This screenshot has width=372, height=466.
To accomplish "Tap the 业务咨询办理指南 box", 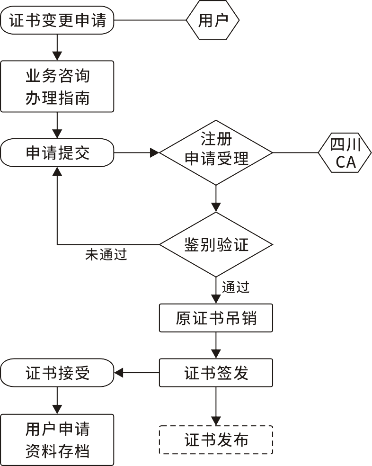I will [x=57, y=86].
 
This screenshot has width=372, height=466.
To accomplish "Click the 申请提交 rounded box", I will [x=57, y=153].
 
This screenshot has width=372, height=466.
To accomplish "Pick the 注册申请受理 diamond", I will [x=216, y=152].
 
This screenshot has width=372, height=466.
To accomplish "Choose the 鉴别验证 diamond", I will [x=216, y=245].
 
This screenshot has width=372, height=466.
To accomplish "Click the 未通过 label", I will [x=106, y=255].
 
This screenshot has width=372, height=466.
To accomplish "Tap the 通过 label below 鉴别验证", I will [x=235, y=287].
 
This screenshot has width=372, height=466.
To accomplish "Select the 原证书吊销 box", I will [x=216, y=318].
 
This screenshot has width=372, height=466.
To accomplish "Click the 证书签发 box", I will [x=216, y=373].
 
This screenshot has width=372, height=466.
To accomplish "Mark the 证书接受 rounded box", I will [x=57, y=373].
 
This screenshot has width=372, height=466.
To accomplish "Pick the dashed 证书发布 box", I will [x=216, y=440].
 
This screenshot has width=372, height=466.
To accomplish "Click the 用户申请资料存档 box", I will [x=57, y=440].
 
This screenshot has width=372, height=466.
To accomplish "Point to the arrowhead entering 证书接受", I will [x=119, y=373].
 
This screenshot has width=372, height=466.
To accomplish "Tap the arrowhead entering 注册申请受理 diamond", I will [x=155, y=153].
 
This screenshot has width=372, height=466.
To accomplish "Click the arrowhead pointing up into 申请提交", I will [x=57, y=171].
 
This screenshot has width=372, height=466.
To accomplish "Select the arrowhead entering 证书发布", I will [x=216, y=421].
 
